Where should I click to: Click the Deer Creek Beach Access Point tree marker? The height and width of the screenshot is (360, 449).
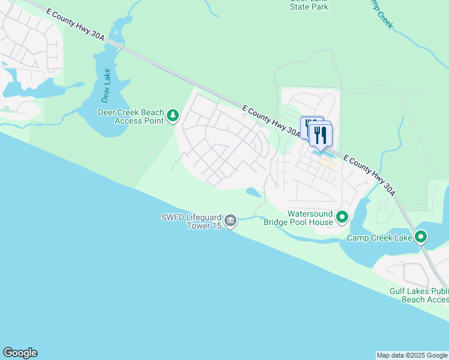[x=173, y=115]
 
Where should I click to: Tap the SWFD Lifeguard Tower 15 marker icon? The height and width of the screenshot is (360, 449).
[x=231, y=221]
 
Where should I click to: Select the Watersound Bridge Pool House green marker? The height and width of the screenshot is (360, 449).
[x=342, y=217]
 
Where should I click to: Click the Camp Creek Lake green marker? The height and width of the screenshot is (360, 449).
[x=421, y=237]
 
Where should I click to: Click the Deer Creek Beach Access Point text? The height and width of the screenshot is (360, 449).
[x=131, y=116]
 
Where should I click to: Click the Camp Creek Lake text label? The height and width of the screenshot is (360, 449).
[x=379, y=238]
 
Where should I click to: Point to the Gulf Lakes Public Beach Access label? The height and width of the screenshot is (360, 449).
[x=419, y=295]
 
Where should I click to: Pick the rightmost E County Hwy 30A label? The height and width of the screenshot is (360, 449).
[x=370, y=174]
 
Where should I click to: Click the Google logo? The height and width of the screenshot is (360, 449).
[x=20, y=353]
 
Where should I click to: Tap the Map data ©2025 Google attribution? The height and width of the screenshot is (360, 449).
[x=411, y=355]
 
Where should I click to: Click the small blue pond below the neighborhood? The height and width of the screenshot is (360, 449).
[x=253, y=192]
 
